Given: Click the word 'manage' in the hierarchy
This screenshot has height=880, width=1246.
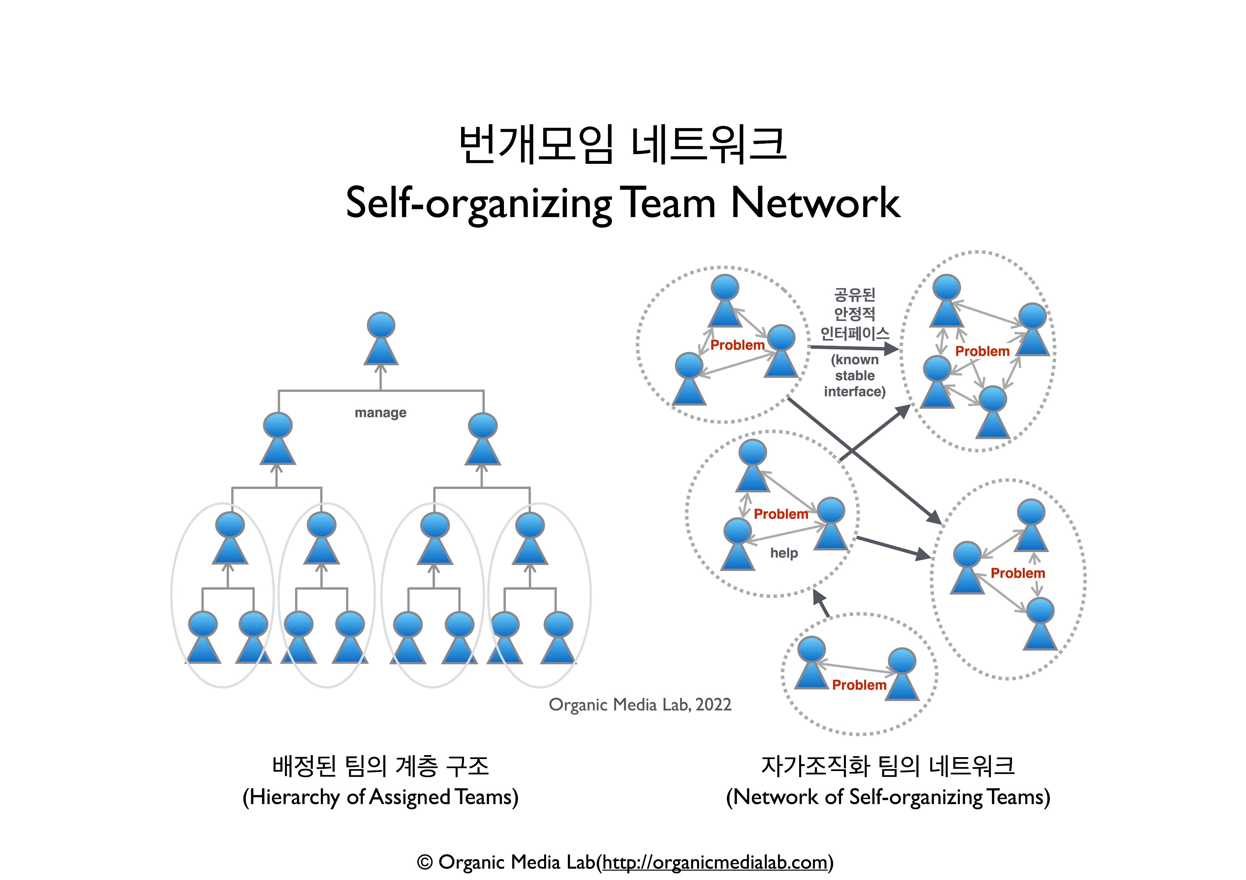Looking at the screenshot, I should point(380,413).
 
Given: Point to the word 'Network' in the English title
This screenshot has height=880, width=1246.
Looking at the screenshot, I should point(815,203).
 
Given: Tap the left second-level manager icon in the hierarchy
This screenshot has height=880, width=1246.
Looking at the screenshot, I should point(278,438).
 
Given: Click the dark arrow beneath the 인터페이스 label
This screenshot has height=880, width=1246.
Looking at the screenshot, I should point(853,348).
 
